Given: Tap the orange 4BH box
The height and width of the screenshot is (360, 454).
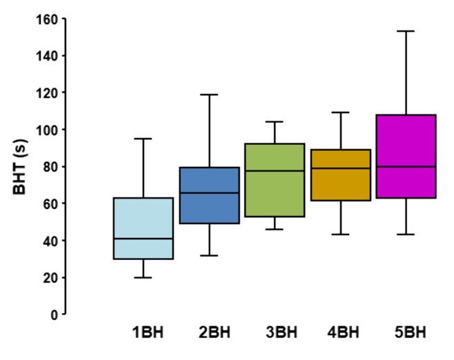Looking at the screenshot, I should tap(340, 175).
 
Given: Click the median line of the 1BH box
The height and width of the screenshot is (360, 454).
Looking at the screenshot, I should tap(144, 239).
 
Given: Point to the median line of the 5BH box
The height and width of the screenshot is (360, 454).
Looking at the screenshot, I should tap(406, 167).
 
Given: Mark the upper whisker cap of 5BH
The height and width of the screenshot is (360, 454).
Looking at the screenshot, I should tap(406, 31).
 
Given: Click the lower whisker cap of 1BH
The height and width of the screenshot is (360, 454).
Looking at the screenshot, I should tap(144, 277).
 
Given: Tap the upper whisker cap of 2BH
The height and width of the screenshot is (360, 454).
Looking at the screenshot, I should tap(209, 94).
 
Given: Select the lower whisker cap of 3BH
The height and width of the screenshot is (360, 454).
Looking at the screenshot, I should tap(275, 229).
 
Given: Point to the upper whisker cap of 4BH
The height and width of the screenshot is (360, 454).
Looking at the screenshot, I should tap(340, 112).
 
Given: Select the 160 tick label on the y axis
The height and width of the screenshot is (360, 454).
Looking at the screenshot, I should tap(46, 19).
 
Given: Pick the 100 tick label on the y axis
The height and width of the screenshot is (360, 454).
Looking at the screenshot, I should tap(46, 130).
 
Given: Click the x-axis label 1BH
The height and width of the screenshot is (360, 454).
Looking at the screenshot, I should tap(148, 333).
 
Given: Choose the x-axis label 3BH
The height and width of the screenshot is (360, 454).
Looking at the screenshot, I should tap(281, 333).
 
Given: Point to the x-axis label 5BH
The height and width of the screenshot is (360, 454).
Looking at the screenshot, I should tap(410, 333).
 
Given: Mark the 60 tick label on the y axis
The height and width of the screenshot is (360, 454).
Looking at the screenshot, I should tap(49, 203).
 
